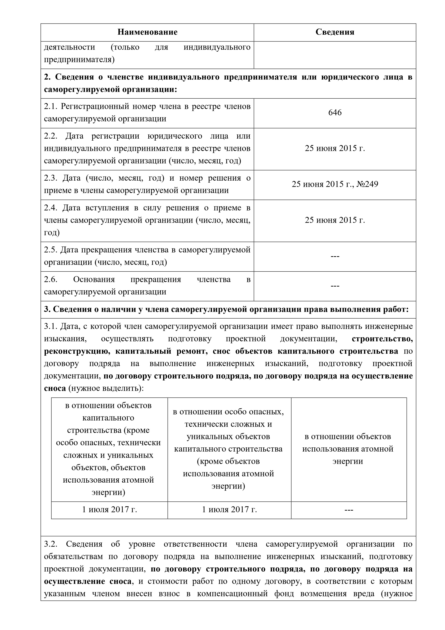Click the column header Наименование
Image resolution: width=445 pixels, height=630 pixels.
147,32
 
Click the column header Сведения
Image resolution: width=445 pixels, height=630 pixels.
335,32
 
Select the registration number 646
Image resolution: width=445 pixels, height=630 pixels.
335,113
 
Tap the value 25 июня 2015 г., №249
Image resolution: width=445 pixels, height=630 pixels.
335,184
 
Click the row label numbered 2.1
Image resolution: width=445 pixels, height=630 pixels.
147,113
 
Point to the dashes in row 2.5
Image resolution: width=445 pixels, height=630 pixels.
335,257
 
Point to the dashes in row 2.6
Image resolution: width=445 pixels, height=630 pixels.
335,286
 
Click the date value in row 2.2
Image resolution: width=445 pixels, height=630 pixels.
335,148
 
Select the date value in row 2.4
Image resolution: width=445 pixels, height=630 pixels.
335,220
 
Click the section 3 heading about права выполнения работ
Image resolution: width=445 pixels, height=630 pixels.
226,310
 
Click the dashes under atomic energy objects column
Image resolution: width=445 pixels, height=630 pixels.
348,510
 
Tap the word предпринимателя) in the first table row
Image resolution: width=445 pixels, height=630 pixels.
79,60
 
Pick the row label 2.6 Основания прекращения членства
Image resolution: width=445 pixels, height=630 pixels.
147,286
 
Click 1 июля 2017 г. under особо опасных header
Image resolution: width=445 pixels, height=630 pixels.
229,510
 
